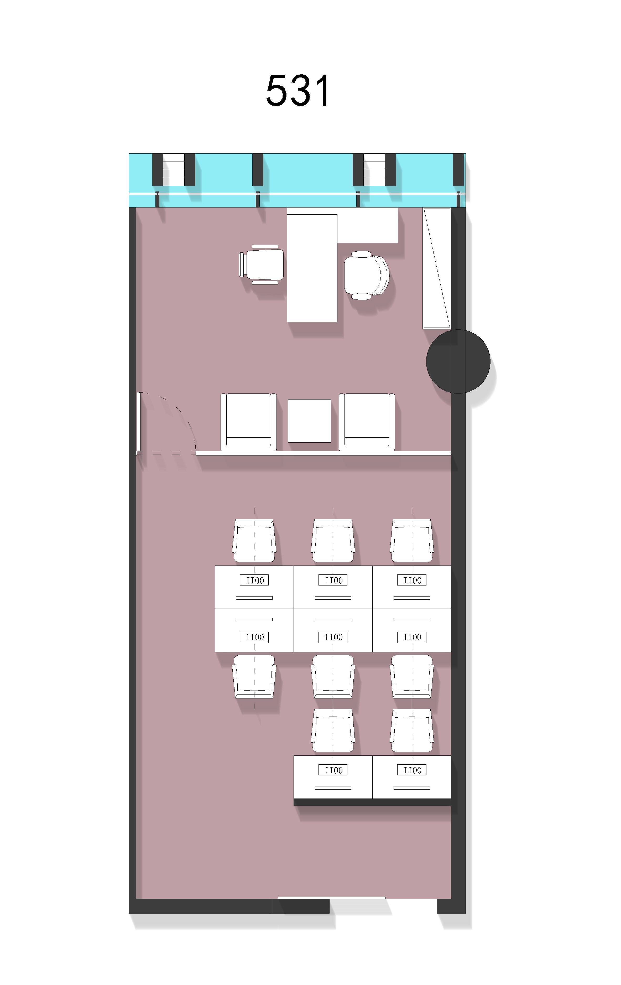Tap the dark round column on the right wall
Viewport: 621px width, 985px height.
[x=458, y=362]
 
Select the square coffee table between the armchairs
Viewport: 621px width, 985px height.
[x=309, y=421]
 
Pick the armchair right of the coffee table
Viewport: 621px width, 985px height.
[x=367, y=422]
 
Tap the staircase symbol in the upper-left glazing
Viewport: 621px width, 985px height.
[x=173, y=170]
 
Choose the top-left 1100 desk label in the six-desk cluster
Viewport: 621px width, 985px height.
[x=254, y=580]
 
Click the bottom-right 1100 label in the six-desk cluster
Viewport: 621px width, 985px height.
[x=412, y=637]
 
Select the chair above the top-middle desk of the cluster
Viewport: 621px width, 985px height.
[x=333, y=541]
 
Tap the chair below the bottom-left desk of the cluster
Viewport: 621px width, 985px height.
[x=254, y=677]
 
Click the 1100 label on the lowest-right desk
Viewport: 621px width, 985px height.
[x=412, y=770]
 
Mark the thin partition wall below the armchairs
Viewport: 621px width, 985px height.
[x=324, y=453]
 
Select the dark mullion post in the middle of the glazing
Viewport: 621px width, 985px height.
[x=258, y=170]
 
